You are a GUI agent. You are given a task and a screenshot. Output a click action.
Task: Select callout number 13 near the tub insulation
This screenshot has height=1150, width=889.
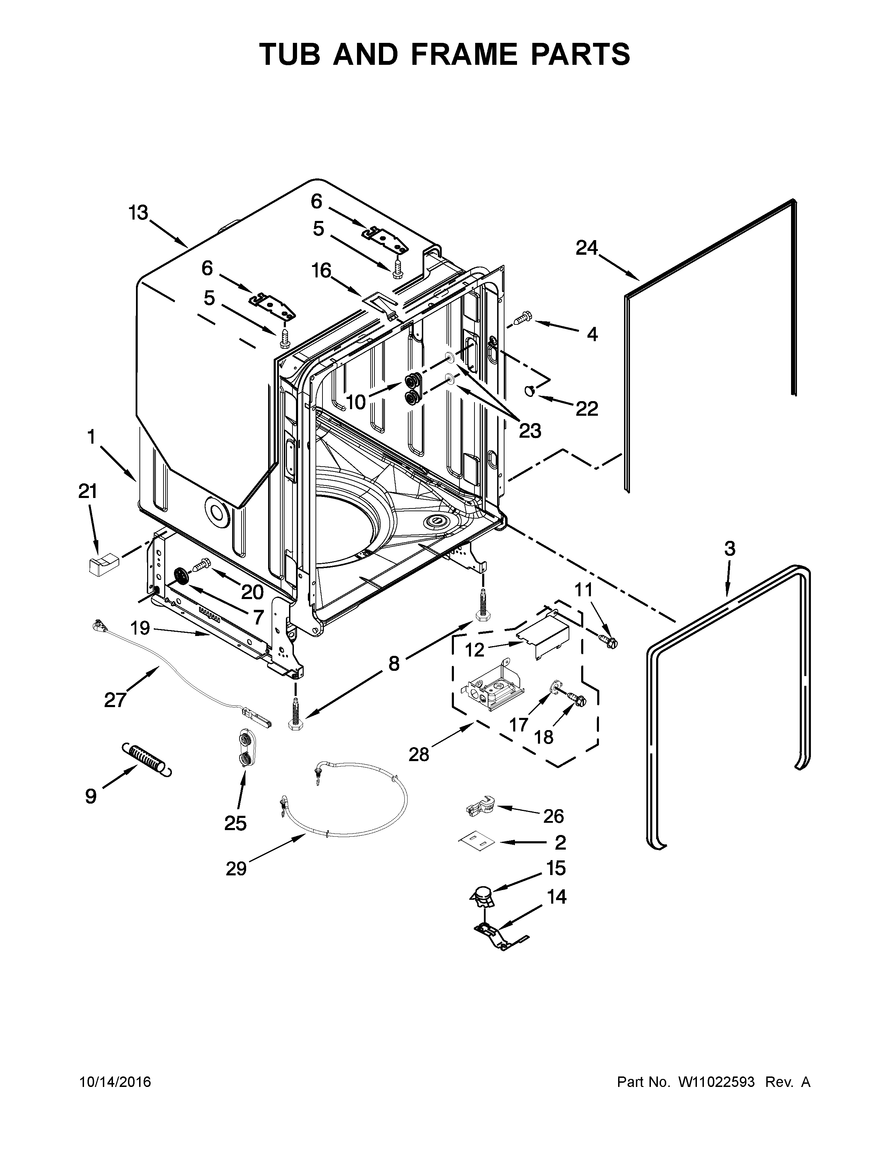coord(138,213)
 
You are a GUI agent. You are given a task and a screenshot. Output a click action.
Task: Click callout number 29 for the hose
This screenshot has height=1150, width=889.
coord(236,868)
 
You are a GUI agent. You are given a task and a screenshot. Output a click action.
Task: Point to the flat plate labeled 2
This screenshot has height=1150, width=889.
coord(476,842)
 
